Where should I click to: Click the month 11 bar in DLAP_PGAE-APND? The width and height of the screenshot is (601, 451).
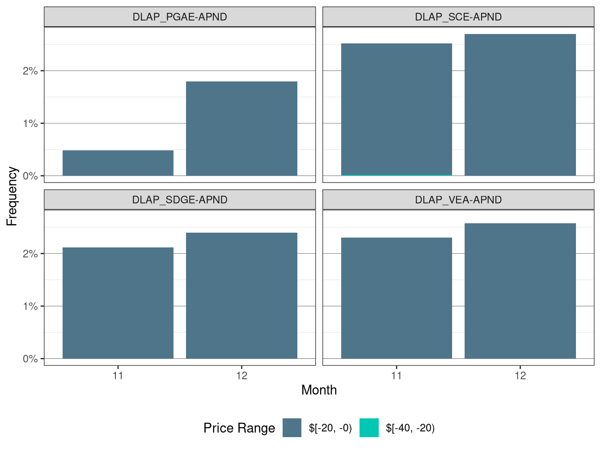tap(118, 163)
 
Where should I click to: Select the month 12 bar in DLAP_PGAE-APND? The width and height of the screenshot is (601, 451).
tap(241, 128)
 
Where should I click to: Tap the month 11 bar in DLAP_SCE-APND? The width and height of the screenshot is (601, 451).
tap(396, 109)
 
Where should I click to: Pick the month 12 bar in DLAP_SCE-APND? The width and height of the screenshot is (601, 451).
tap(520, 105)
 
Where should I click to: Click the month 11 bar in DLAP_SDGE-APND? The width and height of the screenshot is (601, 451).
tap(118, 303)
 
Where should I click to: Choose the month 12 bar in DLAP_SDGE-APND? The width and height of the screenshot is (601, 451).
tap(241, 295)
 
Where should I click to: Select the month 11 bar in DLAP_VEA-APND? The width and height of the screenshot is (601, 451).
tap(396, 298)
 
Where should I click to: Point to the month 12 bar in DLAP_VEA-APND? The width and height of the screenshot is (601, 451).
tap(520, 291)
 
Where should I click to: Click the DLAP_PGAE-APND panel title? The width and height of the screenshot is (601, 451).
tap(180, 17)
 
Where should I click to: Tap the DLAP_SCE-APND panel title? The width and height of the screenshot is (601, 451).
tap(458, 17)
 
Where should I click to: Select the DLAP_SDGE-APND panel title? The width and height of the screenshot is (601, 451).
tap(180, 200)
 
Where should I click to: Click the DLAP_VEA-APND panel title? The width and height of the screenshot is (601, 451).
tap(458, 200)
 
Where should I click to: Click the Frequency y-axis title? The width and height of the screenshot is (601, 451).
tap(12, 196)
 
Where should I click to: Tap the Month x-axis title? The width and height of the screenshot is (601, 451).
tap(319, 390)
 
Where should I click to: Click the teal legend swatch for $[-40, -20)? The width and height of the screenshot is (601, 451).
tap(369, 428)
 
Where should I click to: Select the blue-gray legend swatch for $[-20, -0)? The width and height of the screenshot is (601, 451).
tap(292, 428)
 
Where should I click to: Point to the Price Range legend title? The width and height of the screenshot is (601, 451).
tap(239, 428)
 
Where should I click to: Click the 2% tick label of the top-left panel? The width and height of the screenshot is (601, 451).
tap(30, 71)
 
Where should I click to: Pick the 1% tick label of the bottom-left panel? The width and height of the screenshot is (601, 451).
tap(30, 306)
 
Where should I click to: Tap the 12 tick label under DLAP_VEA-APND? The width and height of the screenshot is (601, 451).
tap(520, 375)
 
